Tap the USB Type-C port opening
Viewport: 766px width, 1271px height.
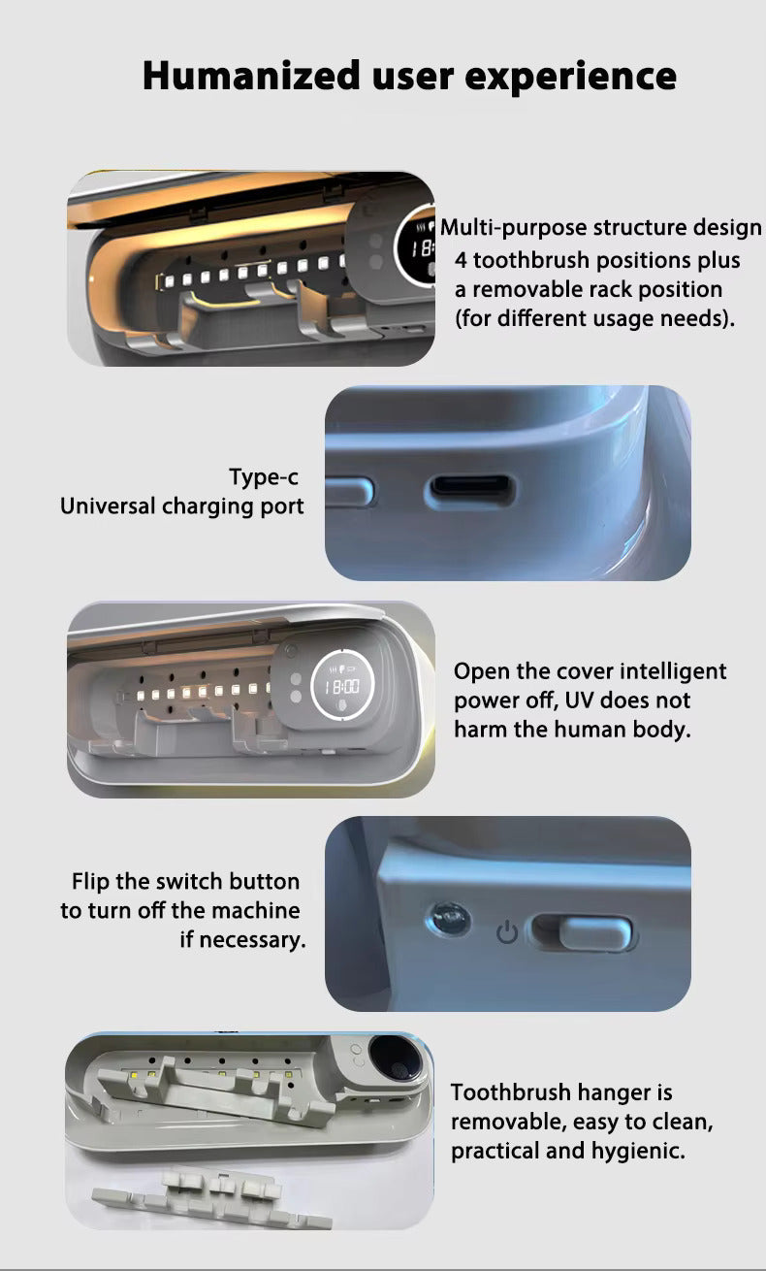tap(470, 488)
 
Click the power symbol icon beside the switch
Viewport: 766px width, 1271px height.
tap(506, 933)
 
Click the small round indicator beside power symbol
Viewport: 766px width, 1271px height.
tap(449, 917)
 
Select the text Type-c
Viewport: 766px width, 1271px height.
tap(263, 477)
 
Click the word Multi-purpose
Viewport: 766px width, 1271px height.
tap(513, 228)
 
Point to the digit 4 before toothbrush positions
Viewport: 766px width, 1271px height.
tap(463, 260)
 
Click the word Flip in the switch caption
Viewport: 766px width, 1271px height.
tap(90, 882)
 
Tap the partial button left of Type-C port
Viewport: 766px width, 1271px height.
tap(349, 491)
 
